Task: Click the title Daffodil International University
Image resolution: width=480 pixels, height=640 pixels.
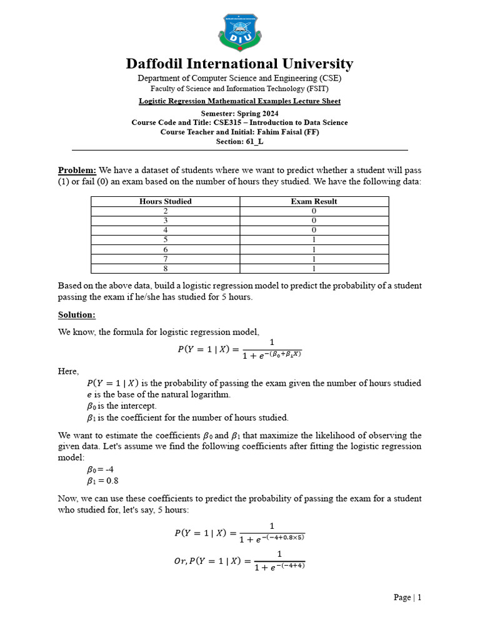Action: [240, 64]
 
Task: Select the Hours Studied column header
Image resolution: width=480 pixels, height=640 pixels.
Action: [165, 201]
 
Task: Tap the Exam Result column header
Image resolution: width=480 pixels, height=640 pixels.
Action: [314, 201]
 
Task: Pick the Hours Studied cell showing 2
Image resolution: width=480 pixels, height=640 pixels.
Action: [165, 211]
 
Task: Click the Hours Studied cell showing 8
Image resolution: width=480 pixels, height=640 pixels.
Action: [165, 269]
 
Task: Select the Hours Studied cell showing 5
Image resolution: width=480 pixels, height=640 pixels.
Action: [165, 240]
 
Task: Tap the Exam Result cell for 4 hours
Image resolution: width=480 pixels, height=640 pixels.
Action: [314, 230]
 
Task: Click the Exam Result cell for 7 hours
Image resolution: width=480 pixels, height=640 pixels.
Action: [314, 259]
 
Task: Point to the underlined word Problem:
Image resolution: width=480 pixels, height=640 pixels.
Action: [77, 171]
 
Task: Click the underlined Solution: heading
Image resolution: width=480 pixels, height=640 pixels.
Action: [77, 314]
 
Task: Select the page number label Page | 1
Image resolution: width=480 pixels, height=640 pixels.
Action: [407, 597]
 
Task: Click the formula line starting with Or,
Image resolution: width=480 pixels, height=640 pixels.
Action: [239, 561]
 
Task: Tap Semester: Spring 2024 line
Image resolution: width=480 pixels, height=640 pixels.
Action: [240, 114]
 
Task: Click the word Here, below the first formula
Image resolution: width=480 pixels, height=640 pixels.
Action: [69, 371]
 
